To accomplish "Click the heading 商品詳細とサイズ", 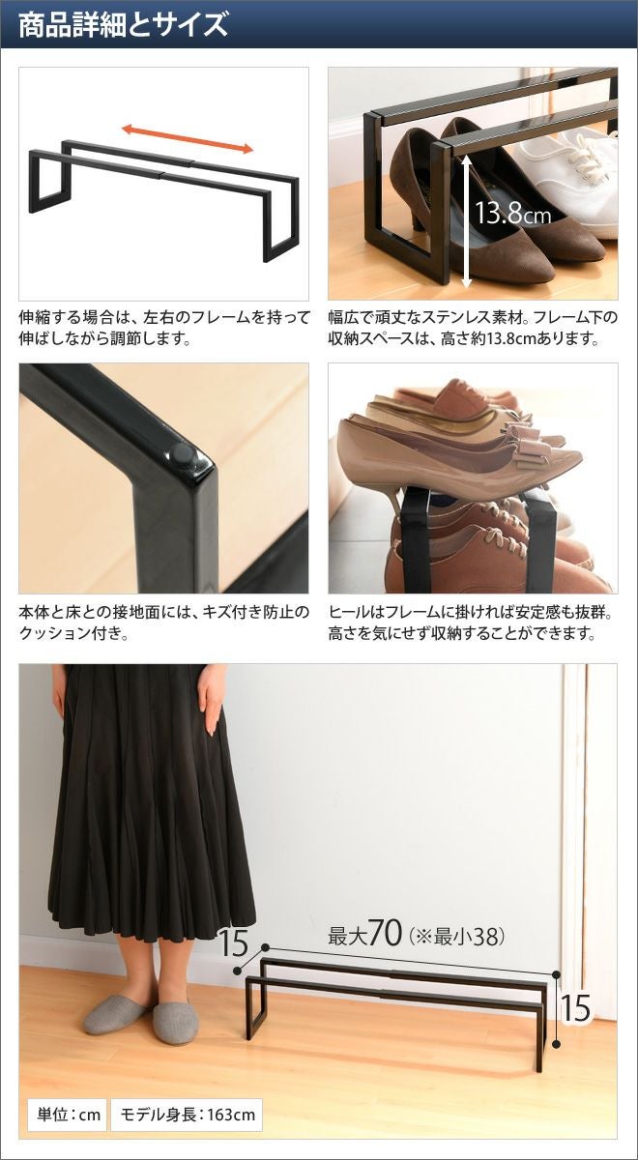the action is click(123, 25).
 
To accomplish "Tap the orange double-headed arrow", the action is click(188, 139).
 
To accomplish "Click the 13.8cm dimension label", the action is click(512, 213).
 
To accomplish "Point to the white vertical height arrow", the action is click(466, 221).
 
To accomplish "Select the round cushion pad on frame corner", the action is click(183, 454).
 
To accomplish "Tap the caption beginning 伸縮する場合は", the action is click(164, 328).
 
